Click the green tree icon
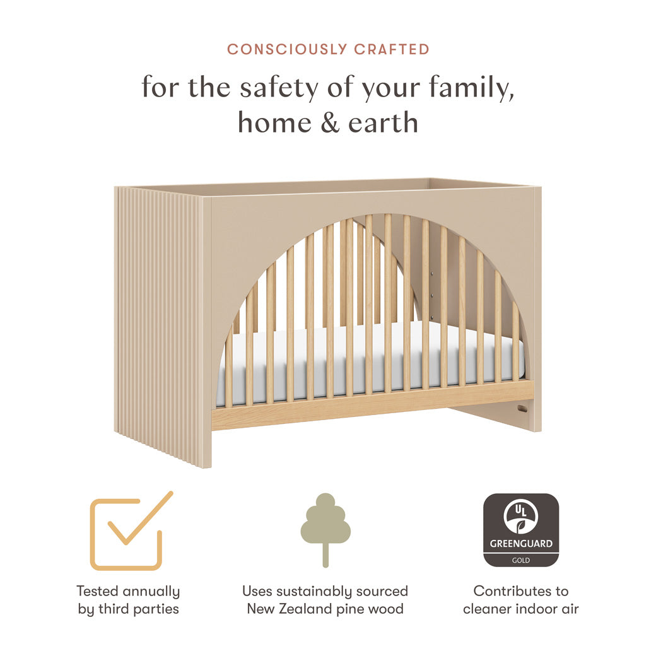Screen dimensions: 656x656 pyautogui.click(x=325, y=527)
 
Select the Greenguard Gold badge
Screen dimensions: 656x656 pyautogui.click(x=520, y=530)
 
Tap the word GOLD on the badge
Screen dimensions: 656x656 pyautogui.click(x=520, y=560)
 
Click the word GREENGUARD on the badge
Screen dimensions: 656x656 pyautogui.click(x=520, y=544)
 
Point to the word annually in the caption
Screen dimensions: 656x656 pyautogui.click(x=151, y=592)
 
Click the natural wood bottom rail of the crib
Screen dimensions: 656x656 pyautogui.click(x=372, y=406)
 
